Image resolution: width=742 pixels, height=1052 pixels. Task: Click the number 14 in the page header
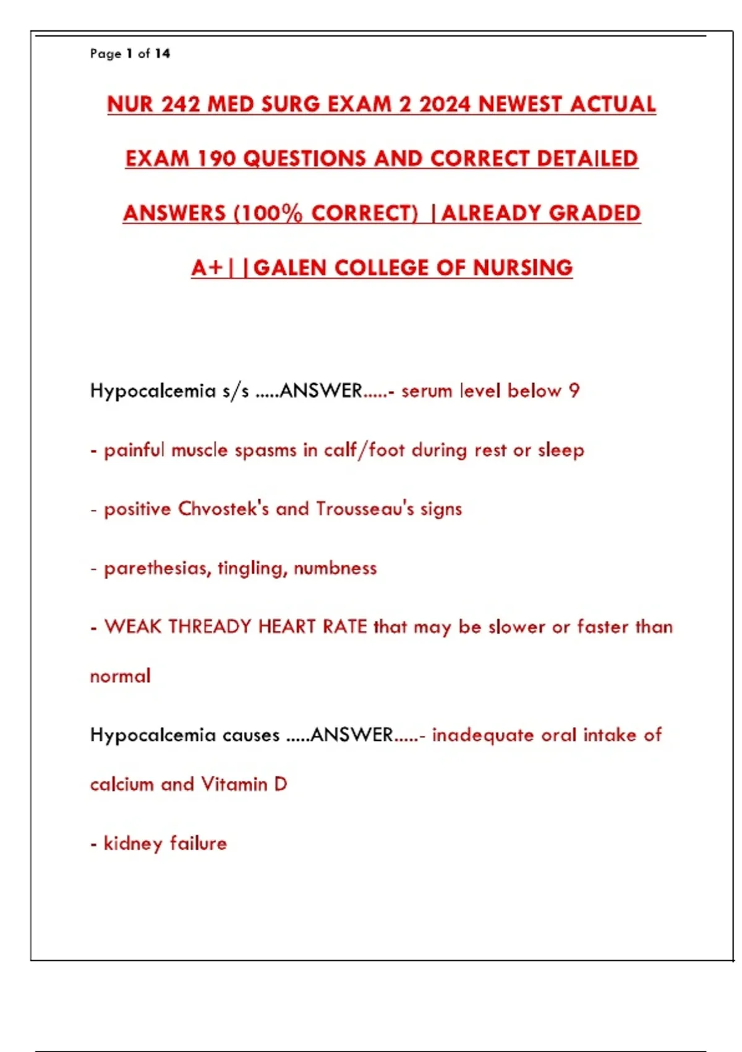tap(163, 54)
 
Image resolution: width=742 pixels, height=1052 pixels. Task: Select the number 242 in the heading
tap(181, 104)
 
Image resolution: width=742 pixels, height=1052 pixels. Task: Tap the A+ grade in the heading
tap(207, 268)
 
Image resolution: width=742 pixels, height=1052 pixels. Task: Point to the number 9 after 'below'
tap(574, 390)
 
